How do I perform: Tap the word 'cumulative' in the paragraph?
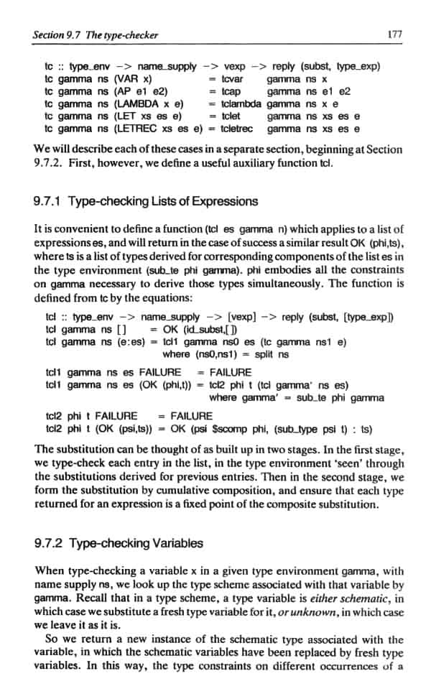(184, 491)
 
